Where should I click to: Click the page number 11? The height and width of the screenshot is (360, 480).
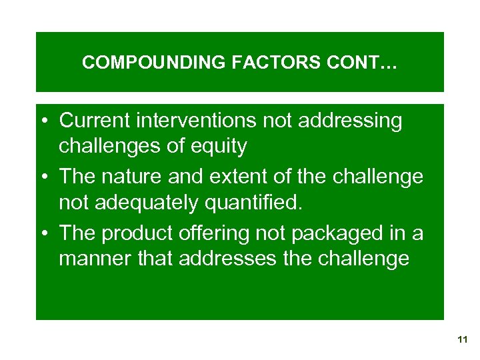[x=463, y=340]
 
